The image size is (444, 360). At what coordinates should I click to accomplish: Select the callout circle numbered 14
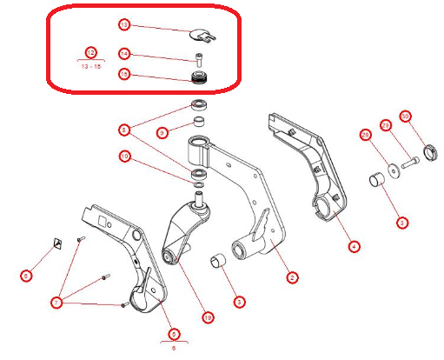(x=124, y=54)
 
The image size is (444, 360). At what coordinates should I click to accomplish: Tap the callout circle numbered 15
(x=124, y=76)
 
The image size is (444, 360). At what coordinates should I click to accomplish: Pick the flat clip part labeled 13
(x=202, y=37)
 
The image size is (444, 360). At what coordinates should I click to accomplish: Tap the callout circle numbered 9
(x=162, y=133)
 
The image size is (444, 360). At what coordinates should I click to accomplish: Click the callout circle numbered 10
(x=125, y=157)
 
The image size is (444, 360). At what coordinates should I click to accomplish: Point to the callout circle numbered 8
(x=125, y=130)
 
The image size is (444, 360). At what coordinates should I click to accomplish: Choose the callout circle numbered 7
(x=57, y=302)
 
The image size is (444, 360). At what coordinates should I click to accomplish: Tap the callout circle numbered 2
(x=293, y=278)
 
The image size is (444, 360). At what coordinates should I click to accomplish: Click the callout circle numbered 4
(x=354, y=247)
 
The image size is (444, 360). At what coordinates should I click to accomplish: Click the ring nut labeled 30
(x=427, y=157)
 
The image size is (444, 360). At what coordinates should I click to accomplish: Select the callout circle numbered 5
(x=174, y=333)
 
